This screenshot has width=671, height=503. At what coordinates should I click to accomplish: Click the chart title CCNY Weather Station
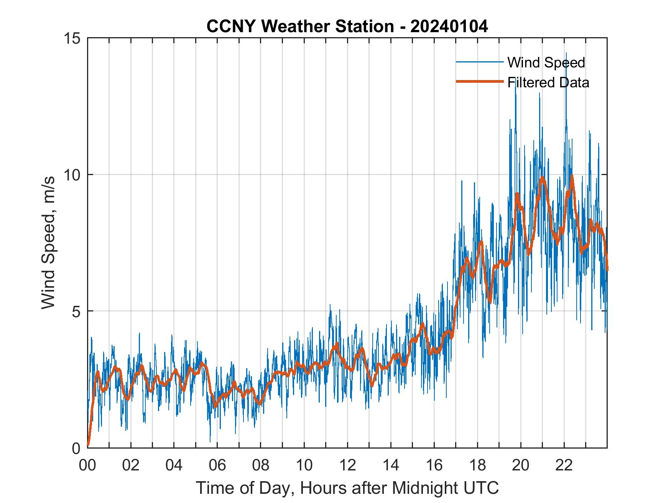[x=347, y=26]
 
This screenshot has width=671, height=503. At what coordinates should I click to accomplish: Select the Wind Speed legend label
[x=546, y=62]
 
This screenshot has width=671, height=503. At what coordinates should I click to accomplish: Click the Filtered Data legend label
[x=548, y=82]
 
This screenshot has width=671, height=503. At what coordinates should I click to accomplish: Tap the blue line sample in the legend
[x=479, y=62]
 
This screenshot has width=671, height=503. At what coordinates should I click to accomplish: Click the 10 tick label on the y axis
[x=72, y=175]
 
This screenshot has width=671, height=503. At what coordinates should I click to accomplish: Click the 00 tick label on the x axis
[x=87, y=465]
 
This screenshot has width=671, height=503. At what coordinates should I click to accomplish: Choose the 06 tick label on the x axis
[x=217, y=465]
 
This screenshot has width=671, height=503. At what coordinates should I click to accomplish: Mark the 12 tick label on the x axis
[x=347, y=465]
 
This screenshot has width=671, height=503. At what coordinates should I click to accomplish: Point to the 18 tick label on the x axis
[x=477, y=465]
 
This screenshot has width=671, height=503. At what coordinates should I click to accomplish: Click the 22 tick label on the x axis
[x=564, y=465]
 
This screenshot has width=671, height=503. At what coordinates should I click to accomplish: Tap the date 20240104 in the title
[x=449, y=26]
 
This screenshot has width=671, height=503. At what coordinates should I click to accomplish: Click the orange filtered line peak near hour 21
[x=542, y=178]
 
